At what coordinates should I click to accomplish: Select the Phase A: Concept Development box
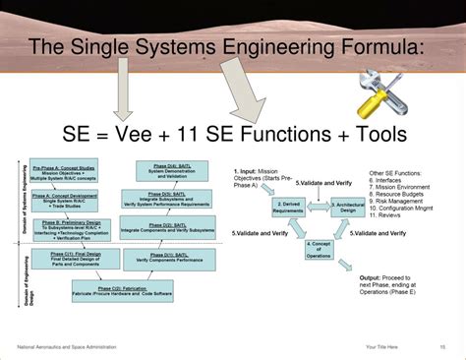coord(62,201)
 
